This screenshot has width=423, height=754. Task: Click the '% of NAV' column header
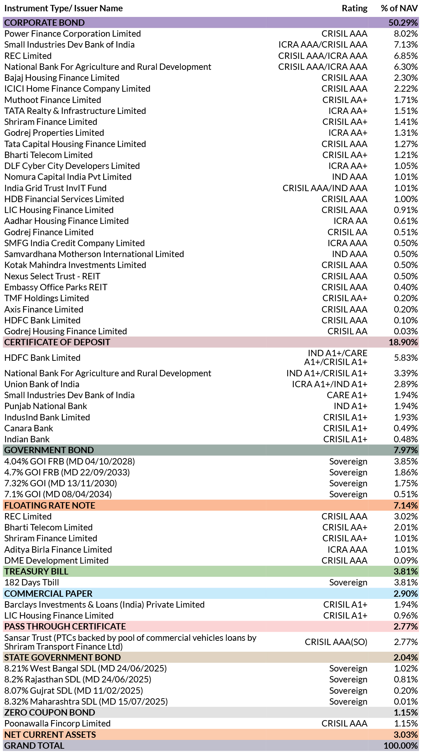tap(399, 8)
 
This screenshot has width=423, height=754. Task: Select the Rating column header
tap(354, 8)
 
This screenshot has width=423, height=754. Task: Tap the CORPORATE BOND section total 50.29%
tap(403, 23)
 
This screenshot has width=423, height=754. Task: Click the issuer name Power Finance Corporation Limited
tap(73, 34)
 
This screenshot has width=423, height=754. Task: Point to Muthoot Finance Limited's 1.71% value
tap(406, 100)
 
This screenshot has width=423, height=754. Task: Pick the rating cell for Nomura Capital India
tap(349, 177)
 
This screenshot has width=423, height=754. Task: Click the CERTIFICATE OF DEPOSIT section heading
tap(57, 342)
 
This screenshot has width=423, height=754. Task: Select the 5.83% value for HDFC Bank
tap(406, 358)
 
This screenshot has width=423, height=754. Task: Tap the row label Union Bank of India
tap(42, 384)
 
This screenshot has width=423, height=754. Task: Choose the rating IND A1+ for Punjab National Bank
tap(350, 406)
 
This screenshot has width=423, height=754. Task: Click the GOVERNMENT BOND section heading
tap(49, 450)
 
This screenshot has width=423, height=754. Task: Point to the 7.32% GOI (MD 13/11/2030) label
tap(61, 483)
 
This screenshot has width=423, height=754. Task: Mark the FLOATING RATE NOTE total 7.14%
tap(406, 505)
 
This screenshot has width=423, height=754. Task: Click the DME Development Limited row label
tap(56, 560)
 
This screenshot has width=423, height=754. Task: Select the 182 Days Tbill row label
tap(32, 582)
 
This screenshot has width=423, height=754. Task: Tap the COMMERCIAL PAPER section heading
tap(48, 594)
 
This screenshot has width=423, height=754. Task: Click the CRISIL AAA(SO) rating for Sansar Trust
tap(336, 642)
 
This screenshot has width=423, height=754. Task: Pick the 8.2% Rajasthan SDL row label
tap(78, 679)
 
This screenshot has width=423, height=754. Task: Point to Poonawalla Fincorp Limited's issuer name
tap(57, 723)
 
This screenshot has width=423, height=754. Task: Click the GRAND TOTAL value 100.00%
tap(401, 746)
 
